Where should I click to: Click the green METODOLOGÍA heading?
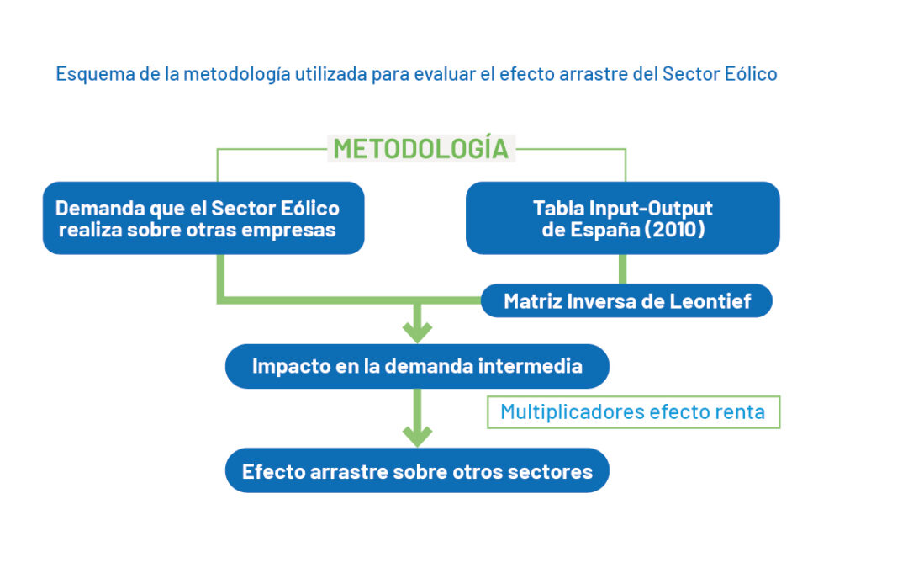[421, 149]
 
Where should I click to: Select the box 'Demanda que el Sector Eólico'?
[203, 218]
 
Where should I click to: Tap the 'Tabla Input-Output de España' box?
[622, 218]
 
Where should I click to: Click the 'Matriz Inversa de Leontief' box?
[626, 300]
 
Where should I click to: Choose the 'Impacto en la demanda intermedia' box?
[417, 366]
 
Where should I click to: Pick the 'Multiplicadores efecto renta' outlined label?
[634, 412]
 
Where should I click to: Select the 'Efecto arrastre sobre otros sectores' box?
[417, 470]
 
